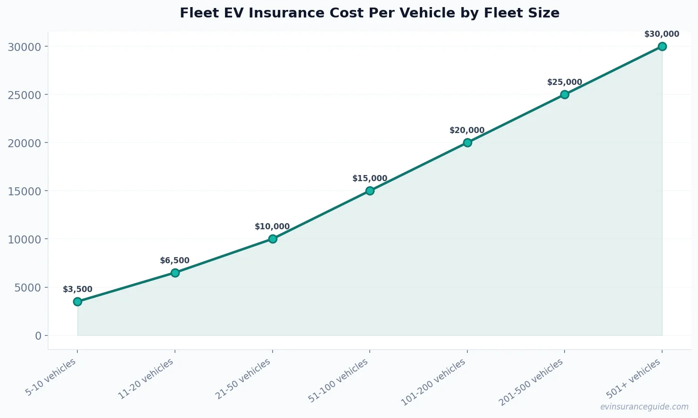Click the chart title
point(369,13)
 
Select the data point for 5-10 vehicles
point(77,301)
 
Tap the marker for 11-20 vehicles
point(175,273)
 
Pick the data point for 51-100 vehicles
point(370,191)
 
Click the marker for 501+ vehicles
point(662,46)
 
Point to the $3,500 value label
point(77,290)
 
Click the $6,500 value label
point(174,261)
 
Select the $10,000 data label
point(272,227)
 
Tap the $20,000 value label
point(467,131)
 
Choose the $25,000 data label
point(565,83)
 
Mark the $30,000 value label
point(662,34)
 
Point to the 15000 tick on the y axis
point(25,191)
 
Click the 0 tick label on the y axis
point(38,335)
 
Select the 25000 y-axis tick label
point(25,95)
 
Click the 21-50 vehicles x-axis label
point(243,379)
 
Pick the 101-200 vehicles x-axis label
point(433,382)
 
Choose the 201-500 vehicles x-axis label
point(531,382)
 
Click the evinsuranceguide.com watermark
point(644,407)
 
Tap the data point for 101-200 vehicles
point(467,142)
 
